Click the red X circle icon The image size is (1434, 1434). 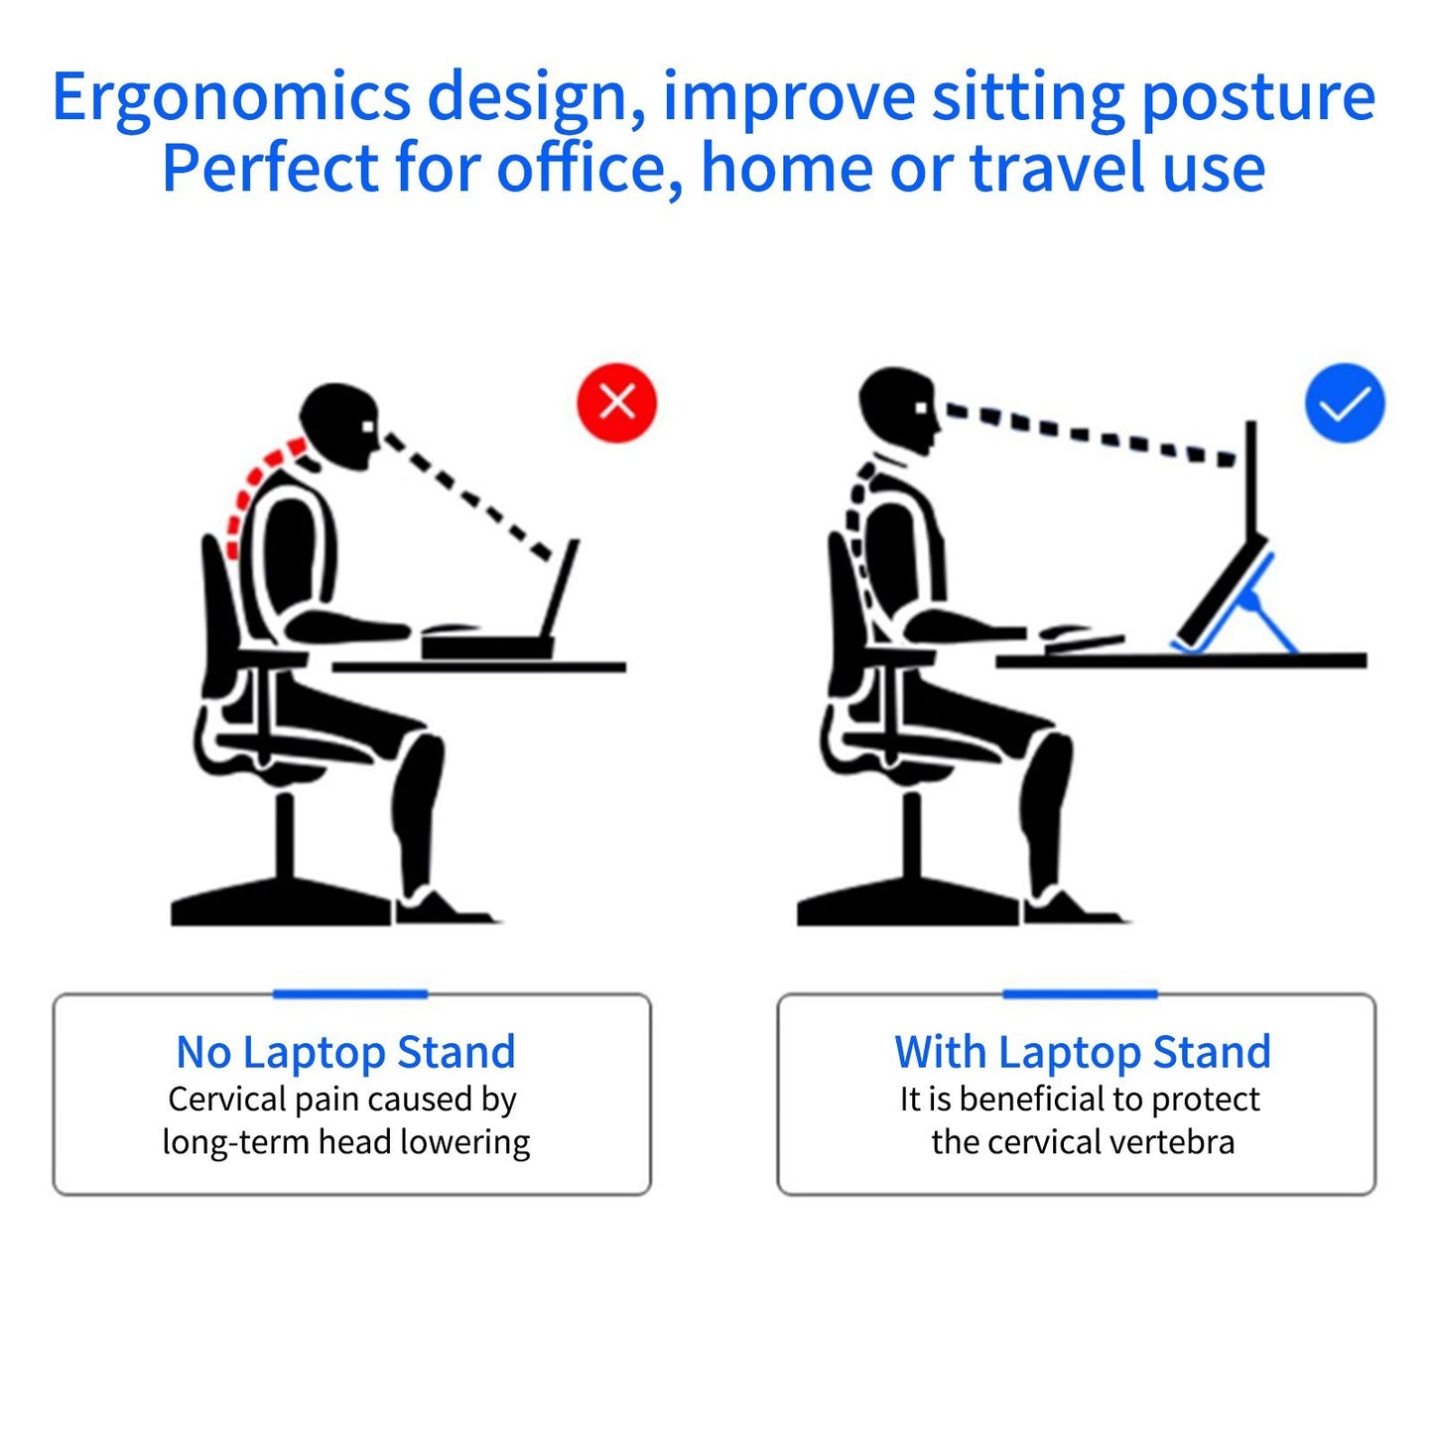(616, 402)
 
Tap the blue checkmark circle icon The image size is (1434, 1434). (1344, 403)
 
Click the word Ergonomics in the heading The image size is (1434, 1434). (230, 97)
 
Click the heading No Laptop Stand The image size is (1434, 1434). (345, 1052)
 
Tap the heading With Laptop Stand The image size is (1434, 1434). (1082, 1052)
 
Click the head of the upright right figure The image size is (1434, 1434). (897, 409)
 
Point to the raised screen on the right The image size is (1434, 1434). (1251, 476)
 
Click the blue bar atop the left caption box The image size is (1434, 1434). (349, 993)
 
